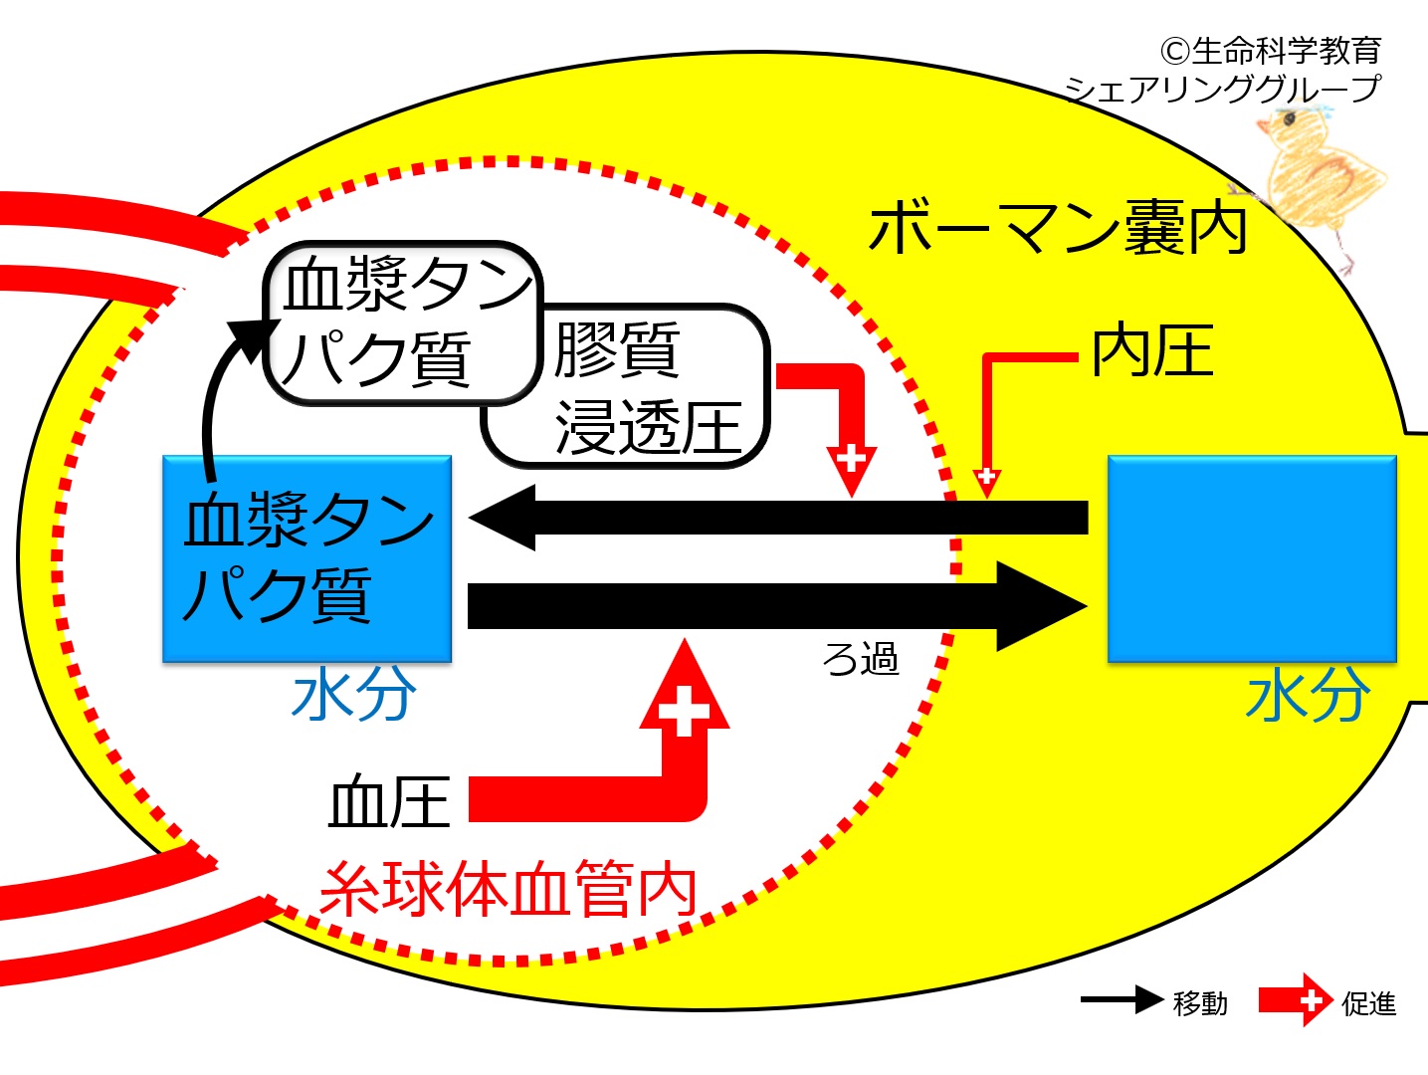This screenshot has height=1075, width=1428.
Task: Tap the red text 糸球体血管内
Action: (x=509, y=889)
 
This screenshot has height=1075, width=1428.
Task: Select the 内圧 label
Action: (x=1152, y=350)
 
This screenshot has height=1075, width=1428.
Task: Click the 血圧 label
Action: (x=390, y=801)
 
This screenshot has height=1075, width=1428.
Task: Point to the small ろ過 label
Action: (x=860, y=658)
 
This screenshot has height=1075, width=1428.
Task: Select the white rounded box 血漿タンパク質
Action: (x=403, y=322)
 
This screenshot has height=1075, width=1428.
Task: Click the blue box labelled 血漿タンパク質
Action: (x=307, y=558)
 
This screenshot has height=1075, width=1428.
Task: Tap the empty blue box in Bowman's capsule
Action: (x=1252, y=558)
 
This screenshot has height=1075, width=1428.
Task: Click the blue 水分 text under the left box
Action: (x=354, y=695)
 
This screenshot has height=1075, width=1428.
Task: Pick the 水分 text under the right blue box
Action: (x=1309, y=695)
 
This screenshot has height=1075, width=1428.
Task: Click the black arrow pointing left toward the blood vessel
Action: (x=778, y=518)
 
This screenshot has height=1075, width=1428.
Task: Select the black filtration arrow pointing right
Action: (x=778, y=606)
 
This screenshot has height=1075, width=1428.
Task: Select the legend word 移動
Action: (x=1200, y=1003)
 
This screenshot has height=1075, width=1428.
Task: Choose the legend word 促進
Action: (x=1369, y=1003)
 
